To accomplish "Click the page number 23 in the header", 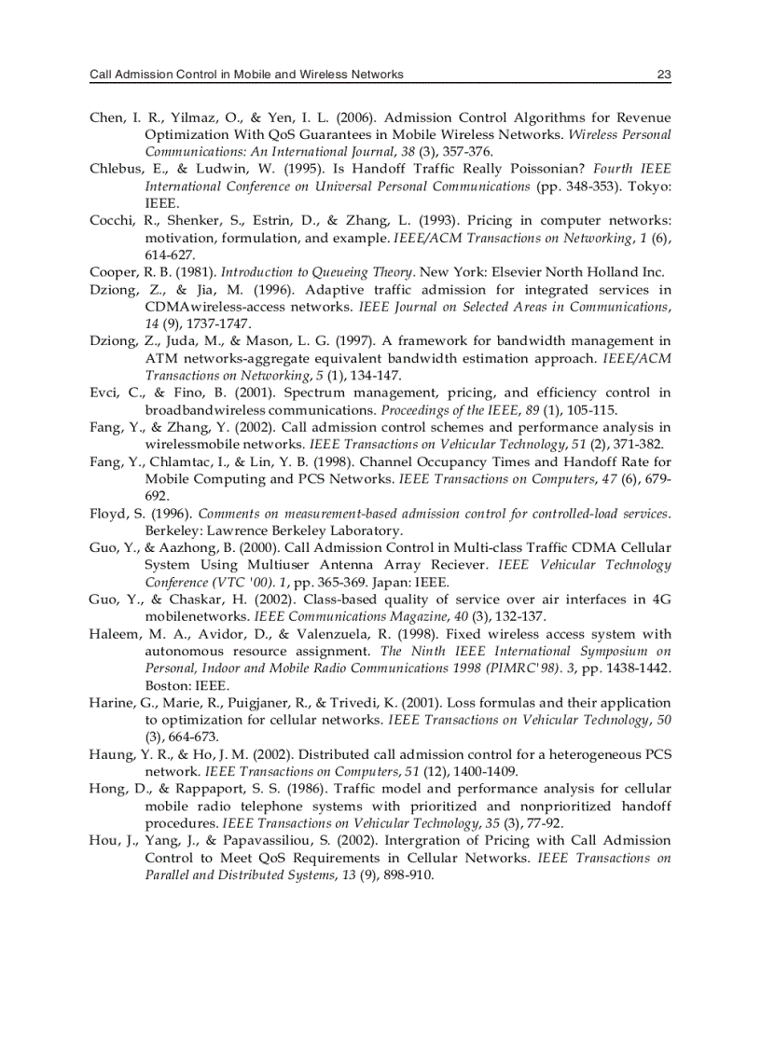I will [663, 75].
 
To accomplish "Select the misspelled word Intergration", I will [408, 841].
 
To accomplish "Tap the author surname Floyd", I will [107, 514].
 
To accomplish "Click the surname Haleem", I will [113, 634].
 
